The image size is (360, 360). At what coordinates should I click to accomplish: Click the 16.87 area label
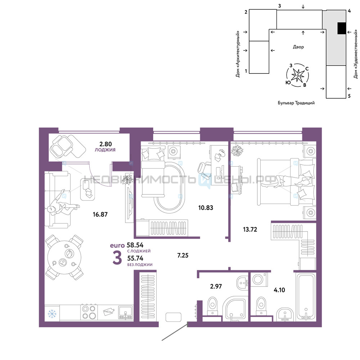click(x=100, y=215)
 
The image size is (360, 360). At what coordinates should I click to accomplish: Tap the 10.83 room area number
click(x=206, y=208)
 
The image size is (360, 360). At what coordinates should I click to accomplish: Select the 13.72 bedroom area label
click(x=250, y=229)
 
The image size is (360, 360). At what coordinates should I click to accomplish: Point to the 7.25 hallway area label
click(x=183, y=255)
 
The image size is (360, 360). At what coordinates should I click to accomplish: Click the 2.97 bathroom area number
click(x=216, y=286)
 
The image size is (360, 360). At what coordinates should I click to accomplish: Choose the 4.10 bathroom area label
click(x=279, y=290)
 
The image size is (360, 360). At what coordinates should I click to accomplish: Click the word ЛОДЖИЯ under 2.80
click(x=105, y=150)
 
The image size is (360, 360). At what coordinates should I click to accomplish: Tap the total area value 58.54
click(x=135, y=245)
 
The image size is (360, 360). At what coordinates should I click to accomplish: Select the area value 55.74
click(x=135, y=258)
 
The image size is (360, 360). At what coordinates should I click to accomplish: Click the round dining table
click(x=64, y=257)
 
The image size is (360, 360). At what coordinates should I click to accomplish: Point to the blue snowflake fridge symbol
click(x=52, y=314)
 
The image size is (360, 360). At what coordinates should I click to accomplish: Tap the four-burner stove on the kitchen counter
click(x=89, y=312)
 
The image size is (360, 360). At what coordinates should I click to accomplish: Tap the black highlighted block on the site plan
click(x=342, y=28)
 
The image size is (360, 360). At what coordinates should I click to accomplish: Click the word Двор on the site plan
click(x=298, y=47)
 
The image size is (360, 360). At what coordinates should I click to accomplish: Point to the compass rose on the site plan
click(x=298, y=75)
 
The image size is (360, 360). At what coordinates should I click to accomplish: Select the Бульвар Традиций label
click(x=296, y=103)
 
